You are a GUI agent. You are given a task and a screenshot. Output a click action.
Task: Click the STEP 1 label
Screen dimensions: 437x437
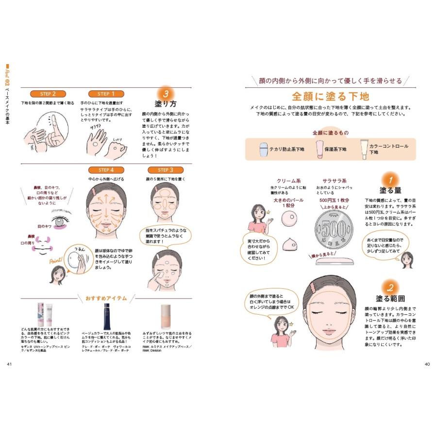click(x=103, y=94)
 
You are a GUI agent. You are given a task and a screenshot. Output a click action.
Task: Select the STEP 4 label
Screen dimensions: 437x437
click(x=103, y=170)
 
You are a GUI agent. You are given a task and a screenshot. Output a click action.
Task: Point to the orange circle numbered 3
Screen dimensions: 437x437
click(x=166, y=93)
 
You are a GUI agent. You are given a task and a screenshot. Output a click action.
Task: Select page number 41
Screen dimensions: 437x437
click(x=10, y=364)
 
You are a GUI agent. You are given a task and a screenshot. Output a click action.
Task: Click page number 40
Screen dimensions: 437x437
click(x=427, y=364)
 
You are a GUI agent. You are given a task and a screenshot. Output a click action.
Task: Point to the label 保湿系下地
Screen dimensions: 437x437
click(x=335, y=149)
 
